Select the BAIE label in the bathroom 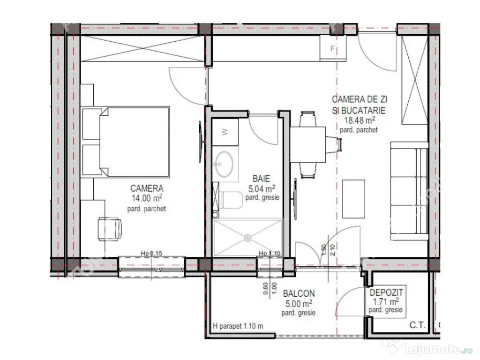pos(261,179)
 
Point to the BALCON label pos(299,293)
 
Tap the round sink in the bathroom pos(225,163)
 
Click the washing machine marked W pos(225,132)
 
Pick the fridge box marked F pos(333,48)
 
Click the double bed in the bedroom pos(127,141)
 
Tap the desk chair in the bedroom pos(109,229)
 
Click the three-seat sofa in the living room pos(409,191)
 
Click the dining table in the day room pos(308,144)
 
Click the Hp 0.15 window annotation pos(151,254)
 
